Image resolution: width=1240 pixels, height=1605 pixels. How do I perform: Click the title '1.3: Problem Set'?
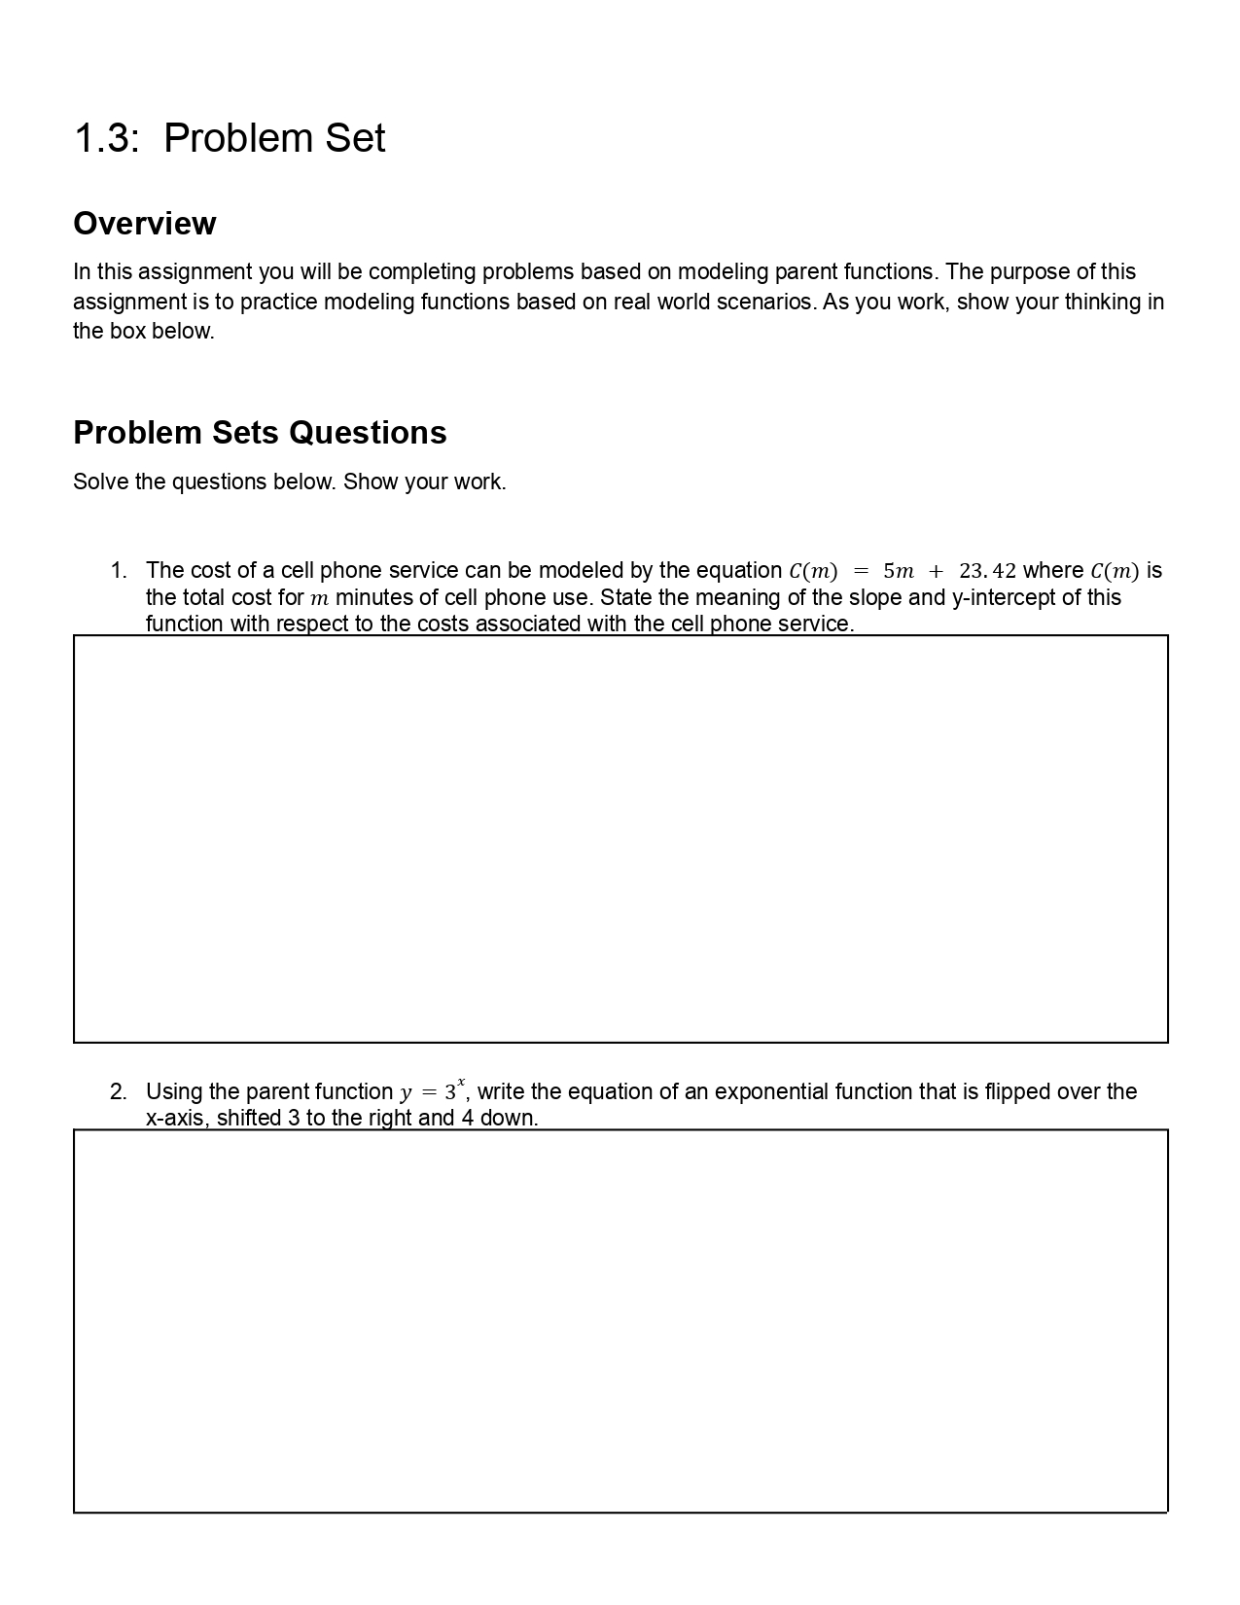pyautogui.click(x=230, y=138)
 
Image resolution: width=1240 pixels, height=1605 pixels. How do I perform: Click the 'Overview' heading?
pyautogui.click(x=145, y=224)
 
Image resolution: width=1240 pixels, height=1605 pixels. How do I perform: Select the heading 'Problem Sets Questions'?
pyautogui.click(x=260, y=433)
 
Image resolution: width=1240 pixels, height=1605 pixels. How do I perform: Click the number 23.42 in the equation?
pyautogui.click(x=986, y=571)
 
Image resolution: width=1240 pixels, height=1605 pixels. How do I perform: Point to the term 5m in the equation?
pyautogui.click(x=898, y=571)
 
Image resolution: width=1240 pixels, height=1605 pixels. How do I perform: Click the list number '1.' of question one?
pyautogui.click(x=119, y=571)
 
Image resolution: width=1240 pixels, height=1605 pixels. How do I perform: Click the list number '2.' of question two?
pyautogui.click(x=119, y=1092)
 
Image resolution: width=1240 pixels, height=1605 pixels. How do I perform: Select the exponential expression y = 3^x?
pyautogui.click(x=432, y=1090)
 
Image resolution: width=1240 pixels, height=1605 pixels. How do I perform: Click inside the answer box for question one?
pyautogui.click(x=620, y=838)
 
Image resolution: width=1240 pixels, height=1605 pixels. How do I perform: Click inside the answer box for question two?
pyautogui.click(x=620, y=1321)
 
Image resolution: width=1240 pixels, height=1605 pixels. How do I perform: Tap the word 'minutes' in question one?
pyautogui.click(x=373, y=597)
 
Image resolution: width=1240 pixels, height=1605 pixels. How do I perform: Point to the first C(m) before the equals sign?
pyautogui.click(x=813, y=571)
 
